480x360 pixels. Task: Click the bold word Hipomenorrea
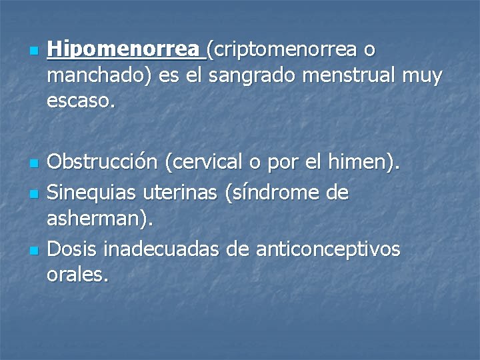tap(123, 50)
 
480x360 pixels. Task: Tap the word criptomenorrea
tap(284, 50)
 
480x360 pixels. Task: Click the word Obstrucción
tap(103, 161)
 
